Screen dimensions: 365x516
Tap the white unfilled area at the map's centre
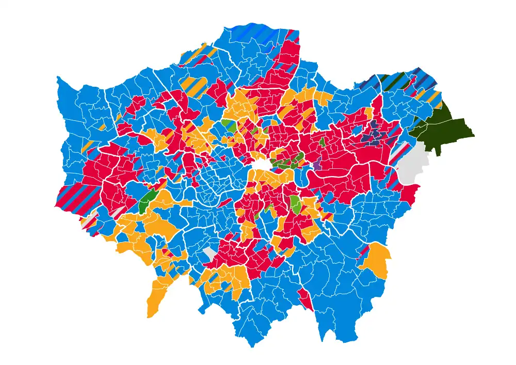[x=261, y=165]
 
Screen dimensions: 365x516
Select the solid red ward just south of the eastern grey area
[x=410, y=194]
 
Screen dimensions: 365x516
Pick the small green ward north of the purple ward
[x=322, y=141]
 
